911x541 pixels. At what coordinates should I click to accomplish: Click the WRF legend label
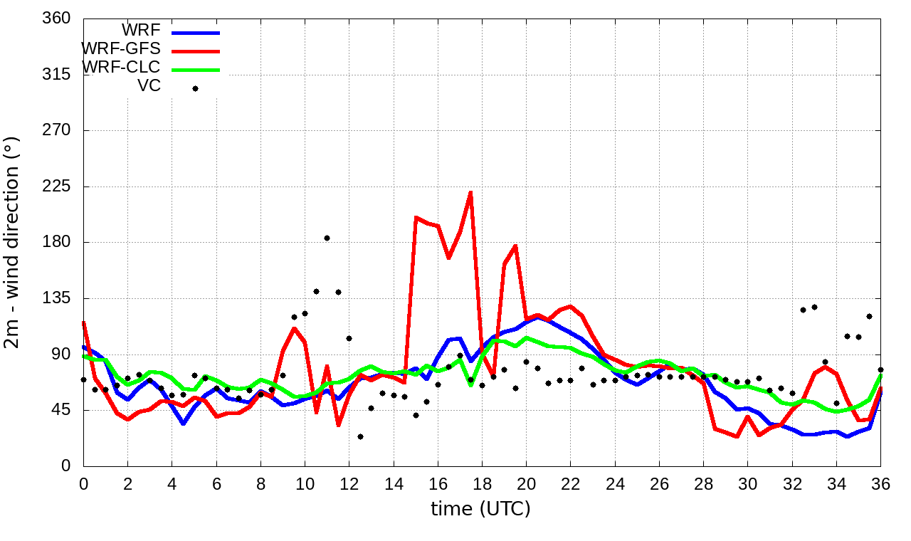coord(141,30)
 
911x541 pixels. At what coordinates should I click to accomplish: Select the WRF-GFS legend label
coord(121,48)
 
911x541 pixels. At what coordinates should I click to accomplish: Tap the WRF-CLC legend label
coord(121,67)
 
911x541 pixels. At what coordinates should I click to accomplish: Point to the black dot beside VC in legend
coord(195,88)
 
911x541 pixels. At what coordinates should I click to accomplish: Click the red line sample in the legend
coord(196,51)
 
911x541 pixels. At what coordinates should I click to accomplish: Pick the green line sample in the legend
coord(196,69)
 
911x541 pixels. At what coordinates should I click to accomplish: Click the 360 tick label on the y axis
coord(57,19)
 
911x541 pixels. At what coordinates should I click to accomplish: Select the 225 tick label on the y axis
coord(57,187)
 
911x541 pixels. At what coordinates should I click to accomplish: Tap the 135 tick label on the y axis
coord(57,298)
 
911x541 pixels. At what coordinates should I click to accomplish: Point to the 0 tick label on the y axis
coord(65,466)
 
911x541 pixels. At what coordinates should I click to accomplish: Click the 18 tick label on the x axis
coord(482,483)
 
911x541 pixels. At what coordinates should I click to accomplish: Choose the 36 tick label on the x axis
coord(880,483)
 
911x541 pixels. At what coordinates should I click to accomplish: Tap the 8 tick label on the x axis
coord(260,483)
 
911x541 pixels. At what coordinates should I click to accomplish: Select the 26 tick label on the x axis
coord(659,483)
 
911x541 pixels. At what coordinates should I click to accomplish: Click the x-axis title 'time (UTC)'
coord(480,509)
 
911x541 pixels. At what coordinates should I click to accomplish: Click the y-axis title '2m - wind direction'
coord(13,242)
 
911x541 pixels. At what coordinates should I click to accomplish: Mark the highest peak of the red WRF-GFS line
coord(470,192)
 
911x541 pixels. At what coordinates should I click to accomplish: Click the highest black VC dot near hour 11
coord(327,238)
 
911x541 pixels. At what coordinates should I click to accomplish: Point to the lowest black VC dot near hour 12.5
coord(360,436)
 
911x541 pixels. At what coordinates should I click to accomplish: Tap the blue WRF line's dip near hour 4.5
coord(183,424)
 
